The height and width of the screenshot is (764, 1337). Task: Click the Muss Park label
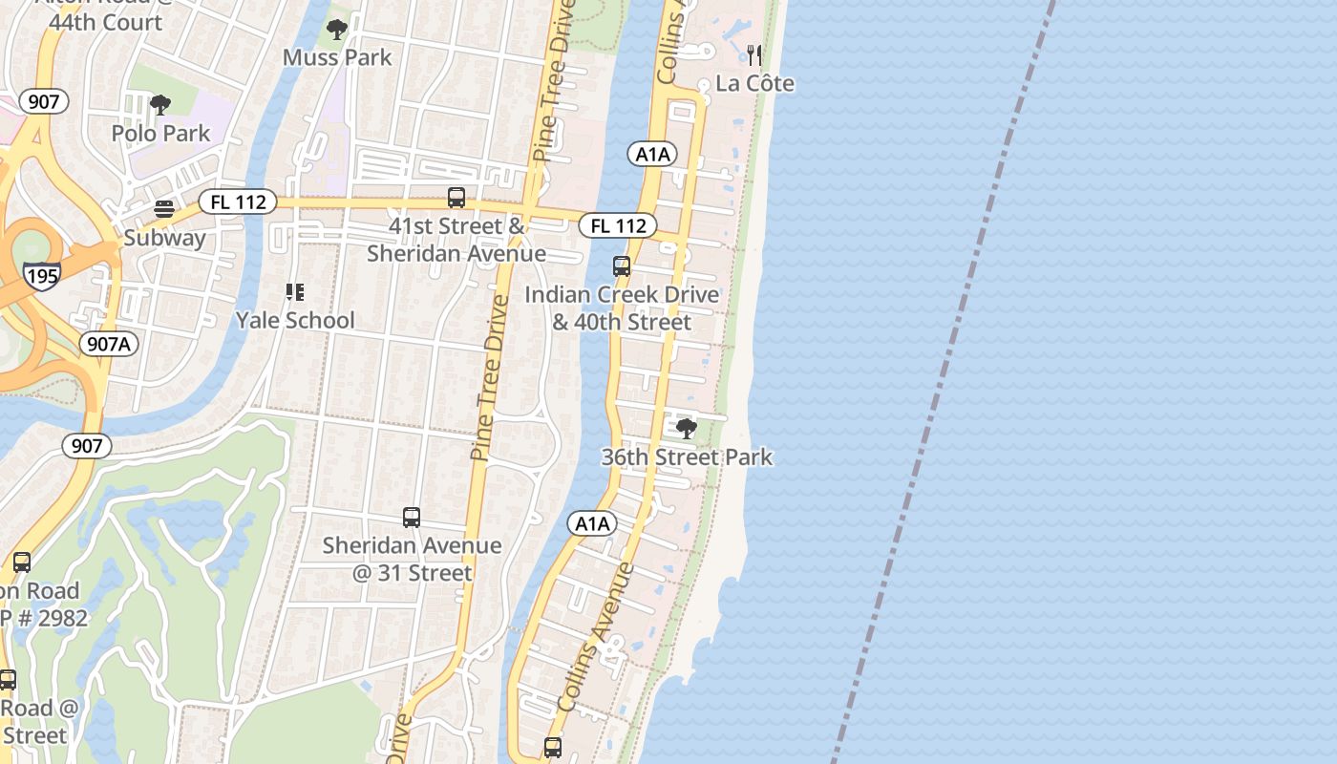click(x=337, y=57)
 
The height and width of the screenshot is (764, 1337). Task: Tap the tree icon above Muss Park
click(x=337, y=31)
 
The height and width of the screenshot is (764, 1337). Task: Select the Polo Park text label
click(x=160, y=133)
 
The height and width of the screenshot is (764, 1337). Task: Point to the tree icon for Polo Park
click(x=160, y=104)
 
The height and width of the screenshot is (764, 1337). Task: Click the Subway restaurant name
click(x=164, y=238)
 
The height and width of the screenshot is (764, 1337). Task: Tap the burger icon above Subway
click(x=164, y=209)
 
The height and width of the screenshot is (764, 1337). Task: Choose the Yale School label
click(x=295, y=320)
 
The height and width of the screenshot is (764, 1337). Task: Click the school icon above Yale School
click(x=295, y=291)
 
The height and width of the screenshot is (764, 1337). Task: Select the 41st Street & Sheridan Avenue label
click(x=456, y=240)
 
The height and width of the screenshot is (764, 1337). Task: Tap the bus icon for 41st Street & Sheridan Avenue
click(x=456, y=198)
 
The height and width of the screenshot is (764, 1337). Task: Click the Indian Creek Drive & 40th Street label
click(x=622, y=308)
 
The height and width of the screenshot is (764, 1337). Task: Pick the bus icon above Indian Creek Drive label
click(x=622, y=266)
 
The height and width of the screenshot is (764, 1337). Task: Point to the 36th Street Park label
click(x=687, y=457)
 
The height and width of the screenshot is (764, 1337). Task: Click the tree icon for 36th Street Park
click(x=686, y=428)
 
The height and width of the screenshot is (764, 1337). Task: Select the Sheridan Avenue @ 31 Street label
click(x=412, y=559)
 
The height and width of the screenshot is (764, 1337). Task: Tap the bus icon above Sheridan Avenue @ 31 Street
click(x=412, y=518)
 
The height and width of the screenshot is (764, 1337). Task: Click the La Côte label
click(x=754, y=83)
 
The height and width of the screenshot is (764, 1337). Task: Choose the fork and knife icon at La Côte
click(x=754, y=54)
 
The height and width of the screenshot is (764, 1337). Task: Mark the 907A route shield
click(x=109, y=344)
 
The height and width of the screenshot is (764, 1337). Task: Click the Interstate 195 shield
click(x=43, y=277)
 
